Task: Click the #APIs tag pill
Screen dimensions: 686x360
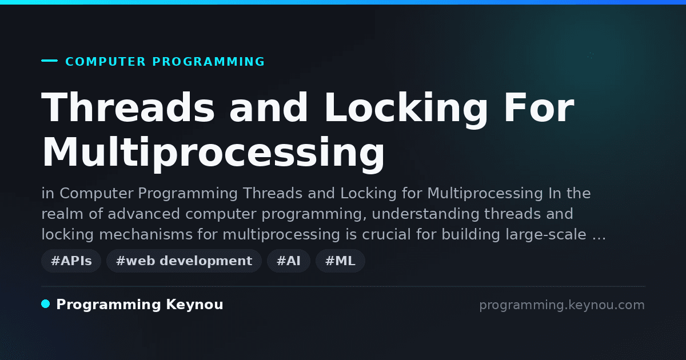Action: pyautogui.click(x=71, y=261)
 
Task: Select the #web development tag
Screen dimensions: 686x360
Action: pyautogui.click(x=184, y=261)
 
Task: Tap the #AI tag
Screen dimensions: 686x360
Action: pyautogui.click(x=289, y=261)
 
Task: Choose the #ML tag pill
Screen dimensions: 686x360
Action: pyautogui.click(x=340, y=261)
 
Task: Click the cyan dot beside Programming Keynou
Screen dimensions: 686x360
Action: pyautogui.click(x=46, y=304)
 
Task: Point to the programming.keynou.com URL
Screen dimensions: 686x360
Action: pyautogui.click(x=562, y=305)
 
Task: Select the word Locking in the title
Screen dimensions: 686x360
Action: pyautogui.click(x=406, y=110)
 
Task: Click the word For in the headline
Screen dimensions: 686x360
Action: pyautogui.click(x=539, y=107)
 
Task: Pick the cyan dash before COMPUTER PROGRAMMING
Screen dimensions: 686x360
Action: pyautogui.click(x=50, y=61)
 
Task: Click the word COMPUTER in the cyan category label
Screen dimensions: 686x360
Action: pyautogui.click(x=106, y=62)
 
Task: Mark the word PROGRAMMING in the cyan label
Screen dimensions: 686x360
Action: pyautogui.click(x=209, y=62)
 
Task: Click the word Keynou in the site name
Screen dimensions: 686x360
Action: pyautogui.click(x=195, y=305)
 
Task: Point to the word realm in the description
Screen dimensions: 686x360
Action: pyautogui.click(x=62, y=214)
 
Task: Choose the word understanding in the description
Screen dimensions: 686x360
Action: pyautogui.click(x=425, y=214)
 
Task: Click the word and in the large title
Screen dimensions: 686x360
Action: pyautogui.click(x=269, y=107)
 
